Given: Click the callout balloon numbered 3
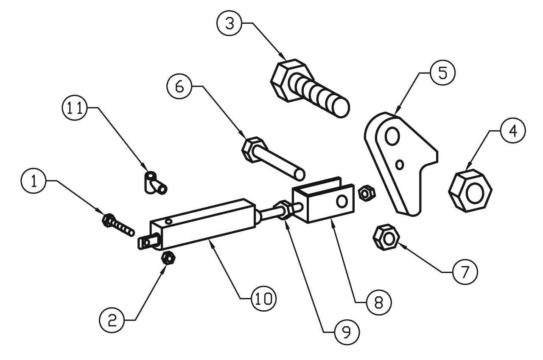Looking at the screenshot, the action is tap(230, 23).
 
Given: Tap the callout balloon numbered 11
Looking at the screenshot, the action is tap(75, 107).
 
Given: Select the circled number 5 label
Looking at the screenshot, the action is tap(442, 73).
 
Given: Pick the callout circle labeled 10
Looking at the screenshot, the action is tap(264, 298).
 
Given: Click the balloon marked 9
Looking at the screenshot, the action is tap(347, 332).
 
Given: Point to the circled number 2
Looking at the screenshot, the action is tap(112, 320).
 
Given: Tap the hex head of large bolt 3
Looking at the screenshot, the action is tap(288, 81).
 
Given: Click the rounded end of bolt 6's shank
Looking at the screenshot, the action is tap(299, 175).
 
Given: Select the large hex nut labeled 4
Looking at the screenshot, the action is tap(470, 191).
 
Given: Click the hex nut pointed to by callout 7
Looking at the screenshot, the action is tap(386, 237).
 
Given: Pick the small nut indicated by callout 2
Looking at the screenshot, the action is tap(168, 258).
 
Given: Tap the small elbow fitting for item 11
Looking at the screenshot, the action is tap(155, 183).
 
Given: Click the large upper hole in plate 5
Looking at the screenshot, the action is tap(392, 136).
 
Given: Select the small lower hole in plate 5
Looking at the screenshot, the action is tap(400, 165).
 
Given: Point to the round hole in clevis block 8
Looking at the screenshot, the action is tap(342, 201).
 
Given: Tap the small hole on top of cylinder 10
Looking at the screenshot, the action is tap(169, 221).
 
